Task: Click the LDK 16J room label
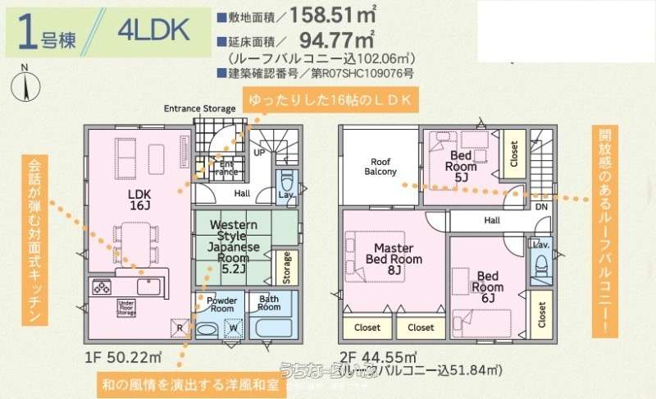[x=137, y=198]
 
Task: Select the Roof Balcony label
[x=380, y=166]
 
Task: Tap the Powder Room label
[x=221, y=304]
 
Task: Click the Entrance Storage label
[x=200, y=108]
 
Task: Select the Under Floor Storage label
[x=125, y=308]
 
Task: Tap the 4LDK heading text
[x=153, y=31]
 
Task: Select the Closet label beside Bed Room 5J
[x=514, y=154]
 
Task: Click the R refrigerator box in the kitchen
[x=180, y=327]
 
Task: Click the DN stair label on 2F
[x=541, y=207]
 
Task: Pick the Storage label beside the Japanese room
[x=286, y=267]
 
